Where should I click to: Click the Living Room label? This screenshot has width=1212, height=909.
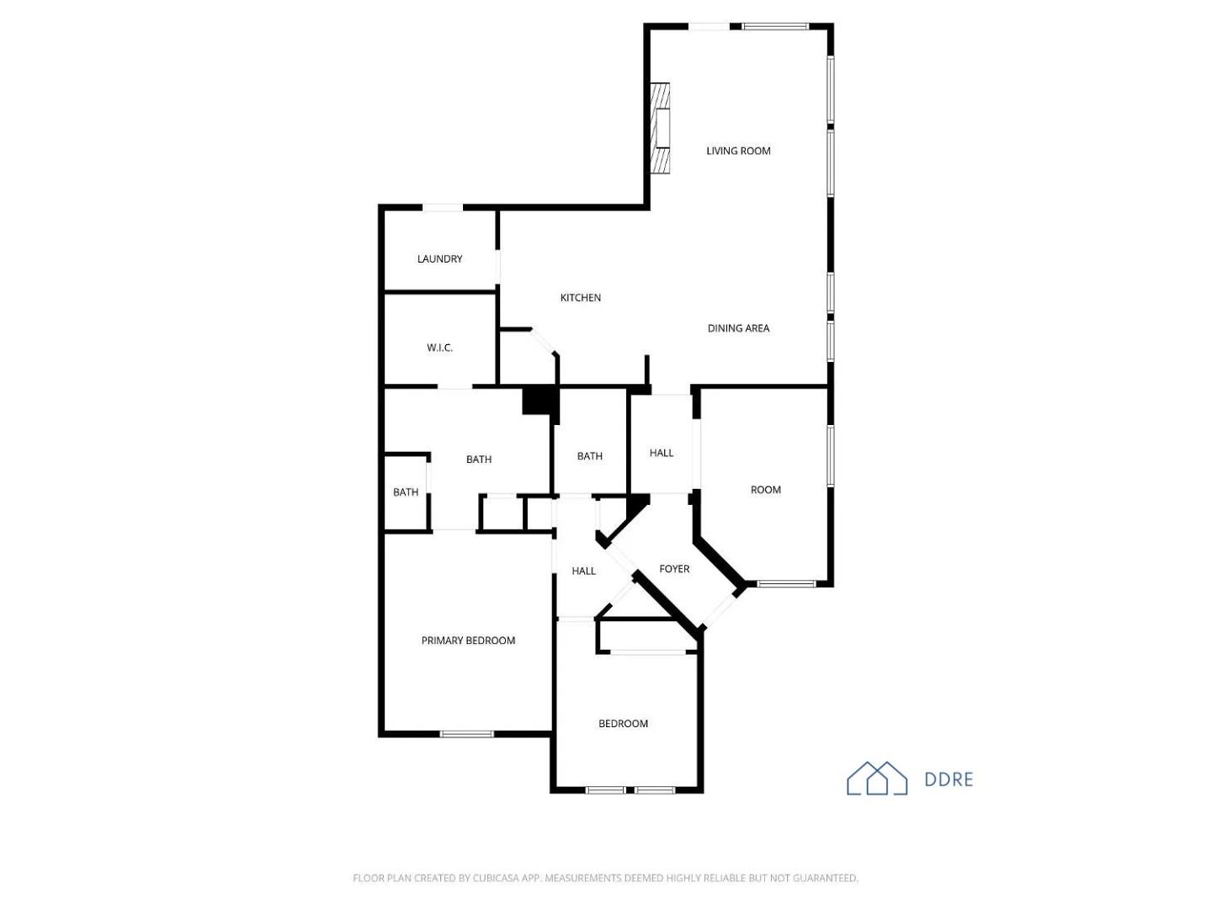pos(738,151)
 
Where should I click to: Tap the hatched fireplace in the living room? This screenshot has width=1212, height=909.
pos(661,129)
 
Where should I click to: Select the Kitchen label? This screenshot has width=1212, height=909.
pos(581,298)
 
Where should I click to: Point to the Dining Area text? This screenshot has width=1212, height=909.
pos(738,328)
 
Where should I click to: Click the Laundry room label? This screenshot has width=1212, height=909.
pos(439,259)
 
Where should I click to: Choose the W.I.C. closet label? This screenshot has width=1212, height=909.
pos(439,348)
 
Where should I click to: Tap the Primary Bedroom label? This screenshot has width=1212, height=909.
pos(468,641)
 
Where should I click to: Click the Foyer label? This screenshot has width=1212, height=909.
pos(674,569)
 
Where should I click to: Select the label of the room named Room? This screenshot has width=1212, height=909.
pos(765,490)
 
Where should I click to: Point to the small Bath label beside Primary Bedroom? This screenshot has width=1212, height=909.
pos(406,492)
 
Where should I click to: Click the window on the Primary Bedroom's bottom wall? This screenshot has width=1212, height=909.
pos(467,734)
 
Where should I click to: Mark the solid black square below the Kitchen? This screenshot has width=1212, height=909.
pos(540,400)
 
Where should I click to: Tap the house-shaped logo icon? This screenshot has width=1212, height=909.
pos(876,779)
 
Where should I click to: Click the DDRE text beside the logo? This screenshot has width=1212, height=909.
pos(949,780)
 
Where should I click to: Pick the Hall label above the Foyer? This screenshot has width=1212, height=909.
pos(662,453)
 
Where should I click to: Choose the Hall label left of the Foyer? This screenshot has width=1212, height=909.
pos(583,571)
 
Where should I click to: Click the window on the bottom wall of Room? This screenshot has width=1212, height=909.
pos(786,583)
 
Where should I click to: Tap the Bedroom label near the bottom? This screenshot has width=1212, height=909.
pos(623,724)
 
